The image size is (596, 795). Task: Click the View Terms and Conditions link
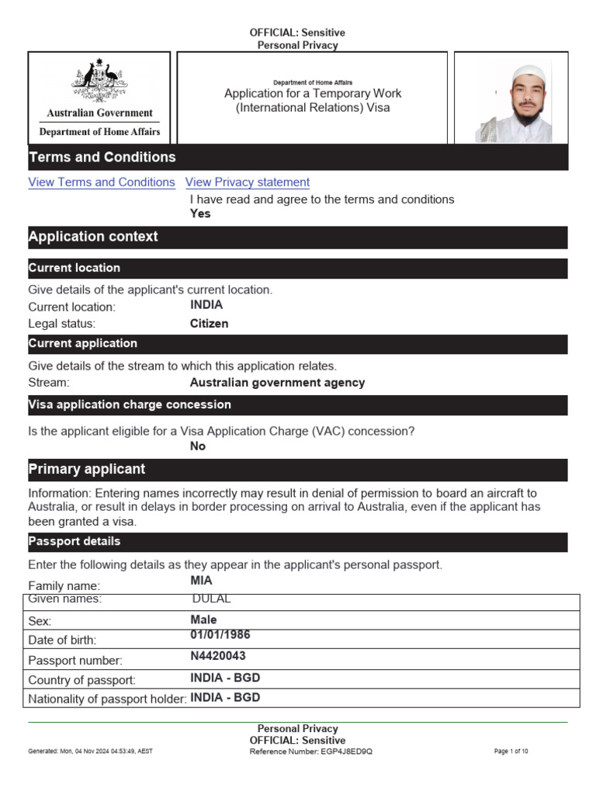(x=102, y=182)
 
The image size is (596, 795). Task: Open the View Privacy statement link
(x=248, y=182)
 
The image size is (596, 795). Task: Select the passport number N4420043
(x=218, y=656)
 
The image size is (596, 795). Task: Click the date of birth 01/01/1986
(x=220, y=635)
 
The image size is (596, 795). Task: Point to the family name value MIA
(x=201, y=581)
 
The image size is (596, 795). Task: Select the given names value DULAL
(x=211, y=599)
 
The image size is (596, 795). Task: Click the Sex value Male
(x=203, y=620)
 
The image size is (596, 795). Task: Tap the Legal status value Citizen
(x=210, y=324)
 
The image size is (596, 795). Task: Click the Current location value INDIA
(x=206, y=305)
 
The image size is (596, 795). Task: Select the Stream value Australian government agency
(x=277, y=383)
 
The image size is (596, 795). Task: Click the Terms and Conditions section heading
(x=102, y=158)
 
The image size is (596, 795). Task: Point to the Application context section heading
(x=93, y=237)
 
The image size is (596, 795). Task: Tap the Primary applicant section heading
(x=87, y=470)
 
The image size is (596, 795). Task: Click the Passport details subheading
(x=74, y=541)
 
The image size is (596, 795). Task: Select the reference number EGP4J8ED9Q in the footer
(x=345, y=752)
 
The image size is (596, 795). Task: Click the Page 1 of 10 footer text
(x=511, y=752)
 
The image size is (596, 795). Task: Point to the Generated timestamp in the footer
(x=90, y=752)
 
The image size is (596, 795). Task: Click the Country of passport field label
(x=81, y=680)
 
